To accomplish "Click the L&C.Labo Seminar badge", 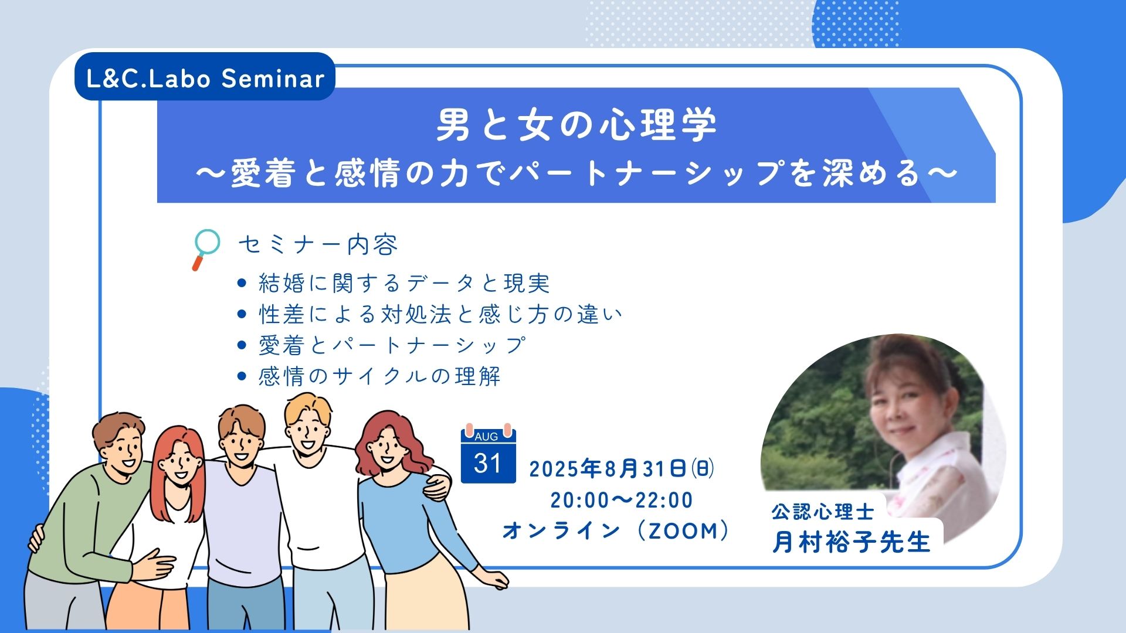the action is pos(205,77).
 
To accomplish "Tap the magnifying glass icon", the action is pos(205,249).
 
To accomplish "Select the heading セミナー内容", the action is pos(318,244).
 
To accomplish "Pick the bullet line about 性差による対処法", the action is pos(440,314).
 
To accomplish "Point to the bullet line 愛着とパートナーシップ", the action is pos(392,345).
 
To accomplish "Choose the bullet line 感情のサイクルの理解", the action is pos(379,376).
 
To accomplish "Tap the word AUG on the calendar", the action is pos(486,437).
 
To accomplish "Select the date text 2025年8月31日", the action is pos(608,469).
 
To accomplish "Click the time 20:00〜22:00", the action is pos(622,500).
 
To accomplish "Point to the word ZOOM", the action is pos(683,531).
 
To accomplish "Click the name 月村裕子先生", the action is pos(851,542).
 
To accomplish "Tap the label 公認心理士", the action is pos(823,512).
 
